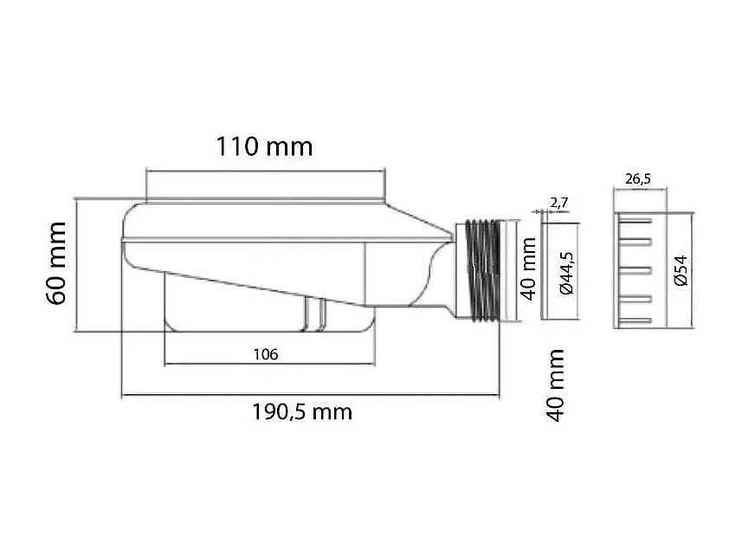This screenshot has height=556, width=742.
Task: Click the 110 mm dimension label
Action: [x=264, y=146]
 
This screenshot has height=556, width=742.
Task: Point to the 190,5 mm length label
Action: [x=302, y=411]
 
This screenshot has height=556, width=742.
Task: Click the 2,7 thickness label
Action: [x=558, y=203]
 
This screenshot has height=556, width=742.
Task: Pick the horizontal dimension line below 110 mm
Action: [x=264, y=171]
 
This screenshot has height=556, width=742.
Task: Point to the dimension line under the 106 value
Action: [x=268, y=364]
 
